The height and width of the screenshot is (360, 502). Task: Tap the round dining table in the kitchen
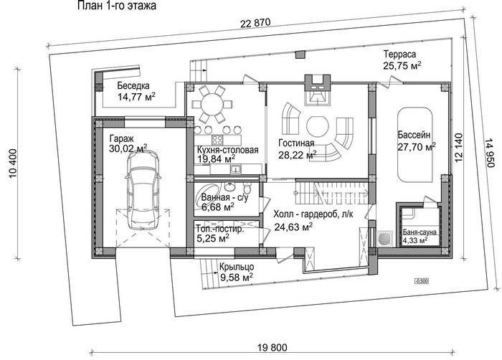pyautogui.click(x=211, y=104)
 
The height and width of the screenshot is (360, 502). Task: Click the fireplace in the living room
pyautogui.click(x=317, y=90)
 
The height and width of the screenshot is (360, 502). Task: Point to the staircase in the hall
pyautogui.click(x=331, y=191)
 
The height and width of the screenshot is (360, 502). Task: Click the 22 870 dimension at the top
pyautogui.click(x=255, y=23)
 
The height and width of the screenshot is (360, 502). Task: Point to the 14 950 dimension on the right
pyautogui.click(x=489, y=153)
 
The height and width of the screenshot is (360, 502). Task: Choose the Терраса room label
pyautogui.click(x=400, y=54)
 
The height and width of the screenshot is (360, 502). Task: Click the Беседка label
pyautogui.click(x=133, y=85)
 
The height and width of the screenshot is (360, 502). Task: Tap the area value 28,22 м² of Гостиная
pyautogui.click(x=298, y=156)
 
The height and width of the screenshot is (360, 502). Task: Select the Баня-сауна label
pyautogui.click(x=420, y=232)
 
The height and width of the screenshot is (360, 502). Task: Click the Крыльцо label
pyautogui.click(x=237, y=267)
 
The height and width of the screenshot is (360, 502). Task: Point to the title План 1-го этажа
pyautogui.click(x=117, y=6)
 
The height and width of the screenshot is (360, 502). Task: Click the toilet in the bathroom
pyautogui.click(x=247, y=186)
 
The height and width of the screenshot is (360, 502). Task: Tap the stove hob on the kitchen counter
pyautogui.click(x=217, y=140)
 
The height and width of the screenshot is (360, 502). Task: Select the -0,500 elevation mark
pyautogui.click(x=422, y=281)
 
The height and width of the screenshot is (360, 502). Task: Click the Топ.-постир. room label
pyautogui.click(x=220, y=229)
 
